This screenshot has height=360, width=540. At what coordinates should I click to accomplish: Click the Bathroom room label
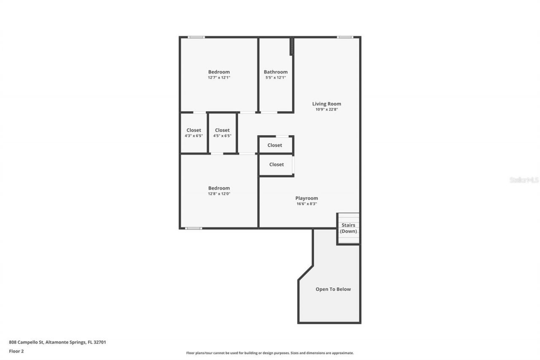tap(275, 72)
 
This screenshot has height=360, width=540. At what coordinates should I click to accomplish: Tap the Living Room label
tap(327, 104)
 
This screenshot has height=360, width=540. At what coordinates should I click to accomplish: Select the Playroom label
tap(306, 198)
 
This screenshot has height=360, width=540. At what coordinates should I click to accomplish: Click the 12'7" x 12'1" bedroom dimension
tap(219, 78)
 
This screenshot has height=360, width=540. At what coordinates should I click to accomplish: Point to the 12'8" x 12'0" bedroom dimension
tap(219, 194)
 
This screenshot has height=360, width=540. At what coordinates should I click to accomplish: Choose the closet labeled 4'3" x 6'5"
tap(194, 133)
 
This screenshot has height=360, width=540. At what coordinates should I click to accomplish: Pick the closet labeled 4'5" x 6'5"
tap(222, 133)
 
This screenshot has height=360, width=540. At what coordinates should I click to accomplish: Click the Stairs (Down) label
tap(348, 228)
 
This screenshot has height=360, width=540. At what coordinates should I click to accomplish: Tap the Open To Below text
tap(333, 290)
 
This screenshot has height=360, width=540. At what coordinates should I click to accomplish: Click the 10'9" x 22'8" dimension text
tap(327, 109)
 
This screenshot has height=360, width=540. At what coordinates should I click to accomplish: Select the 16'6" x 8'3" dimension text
tap(306, 204)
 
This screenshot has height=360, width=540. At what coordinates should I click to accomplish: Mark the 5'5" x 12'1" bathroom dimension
tap(275, 78)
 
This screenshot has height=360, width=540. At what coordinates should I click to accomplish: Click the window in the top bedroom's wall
tap(196, 37)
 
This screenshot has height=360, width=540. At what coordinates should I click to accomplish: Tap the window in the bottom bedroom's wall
tap(193, 228)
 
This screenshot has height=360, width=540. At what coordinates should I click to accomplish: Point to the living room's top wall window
tap(345, 37)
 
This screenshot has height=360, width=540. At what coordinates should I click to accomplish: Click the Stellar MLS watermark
tap(524, 180)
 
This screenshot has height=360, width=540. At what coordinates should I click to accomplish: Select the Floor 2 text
tap(16, 351)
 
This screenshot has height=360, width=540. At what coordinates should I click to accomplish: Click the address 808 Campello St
tap(57, 342)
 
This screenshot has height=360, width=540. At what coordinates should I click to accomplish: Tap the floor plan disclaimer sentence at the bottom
tap(270, 353)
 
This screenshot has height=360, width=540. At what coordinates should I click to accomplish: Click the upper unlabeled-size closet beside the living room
tap(275, 145)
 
